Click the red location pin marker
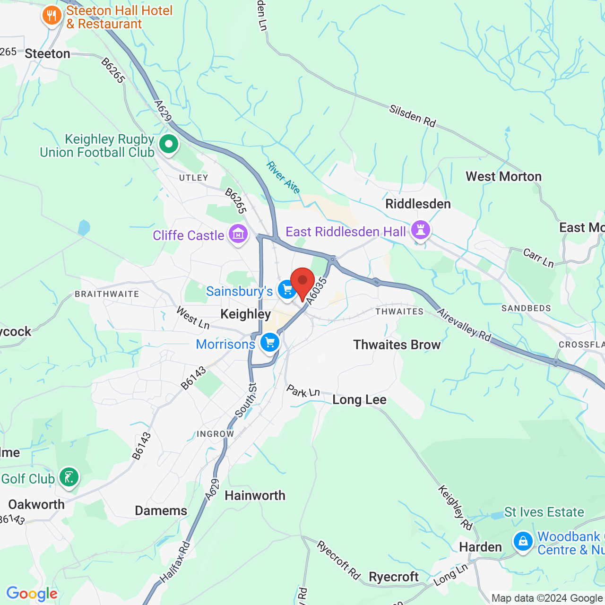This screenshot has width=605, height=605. pyautogui.click(x=302, y=282)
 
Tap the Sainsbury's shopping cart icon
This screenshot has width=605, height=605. pyautogui.click(x=286, y=289)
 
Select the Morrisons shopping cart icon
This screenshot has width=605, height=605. pyautogui.click(x=270, y=342)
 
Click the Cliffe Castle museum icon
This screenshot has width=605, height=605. pyautogui.click(x=238, y=233)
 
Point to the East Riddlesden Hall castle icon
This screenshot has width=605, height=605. pyautogui.click(x=420, y=230)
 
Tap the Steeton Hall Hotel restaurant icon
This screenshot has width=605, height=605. pyautogui.click(x=52, y=16)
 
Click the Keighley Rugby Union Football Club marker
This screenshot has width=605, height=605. pyautogui.click(x=168, y=144)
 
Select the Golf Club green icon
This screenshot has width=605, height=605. pyautogui.click(x=69, y=477)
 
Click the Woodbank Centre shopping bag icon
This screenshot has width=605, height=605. pyautogui.click(x=523, y=541)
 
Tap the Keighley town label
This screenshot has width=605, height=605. pyautogui.click(x=246, y=314)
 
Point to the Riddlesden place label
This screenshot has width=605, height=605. pyautogui.click(x=418, y=204)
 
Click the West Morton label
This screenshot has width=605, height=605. pyautogui.click(x=503, y=177)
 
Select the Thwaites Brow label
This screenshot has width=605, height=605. pyautogui.click(x=397, y=345)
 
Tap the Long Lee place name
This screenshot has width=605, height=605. pyautogui.click(x=359, y=400)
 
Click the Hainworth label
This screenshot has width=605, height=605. pyautogui.click(x=255, y=495)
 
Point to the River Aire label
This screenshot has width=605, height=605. pyautogui.click(x=283, y=178)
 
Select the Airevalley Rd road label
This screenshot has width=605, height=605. pyautogui.click(x=464, y=325)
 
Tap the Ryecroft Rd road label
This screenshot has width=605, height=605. pyautogui.click(x=338, y=560)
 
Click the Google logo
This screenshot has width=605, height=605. pyautogui.click(x=32, y=594)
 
